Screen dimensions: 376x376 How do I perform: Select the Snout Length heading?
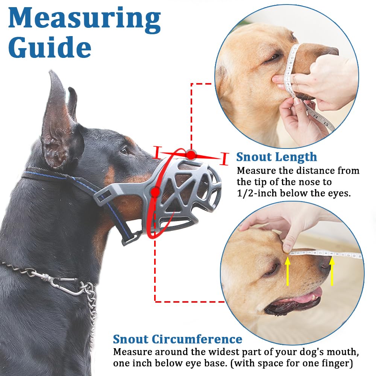click(x=276, y=157)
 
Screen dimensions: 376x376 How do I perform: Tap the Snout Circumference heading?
click(x=177, y=339)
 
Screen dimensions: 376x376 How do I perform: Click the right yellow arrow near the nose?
click(x=332, y=270)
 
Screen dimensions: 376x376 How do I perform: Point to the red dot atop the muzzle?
click(x=191, y=155)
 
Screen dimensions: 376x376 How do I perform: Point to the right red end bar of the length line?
click(x=225, y=159)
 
